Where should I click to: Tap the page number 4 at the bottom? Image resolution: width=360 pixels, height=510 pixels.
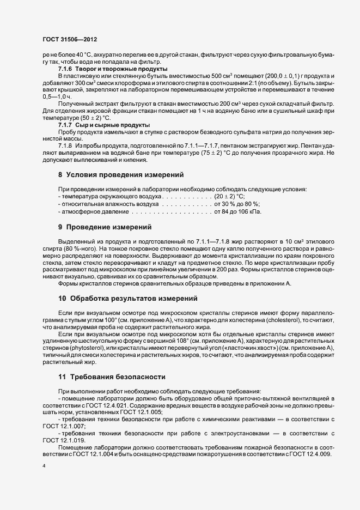44,466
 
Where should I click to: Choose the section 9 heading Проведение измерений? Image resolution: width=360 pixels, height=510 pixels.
105,226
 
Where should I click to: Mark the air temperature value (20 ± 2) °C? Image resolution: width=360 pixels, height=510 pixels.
230,196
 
